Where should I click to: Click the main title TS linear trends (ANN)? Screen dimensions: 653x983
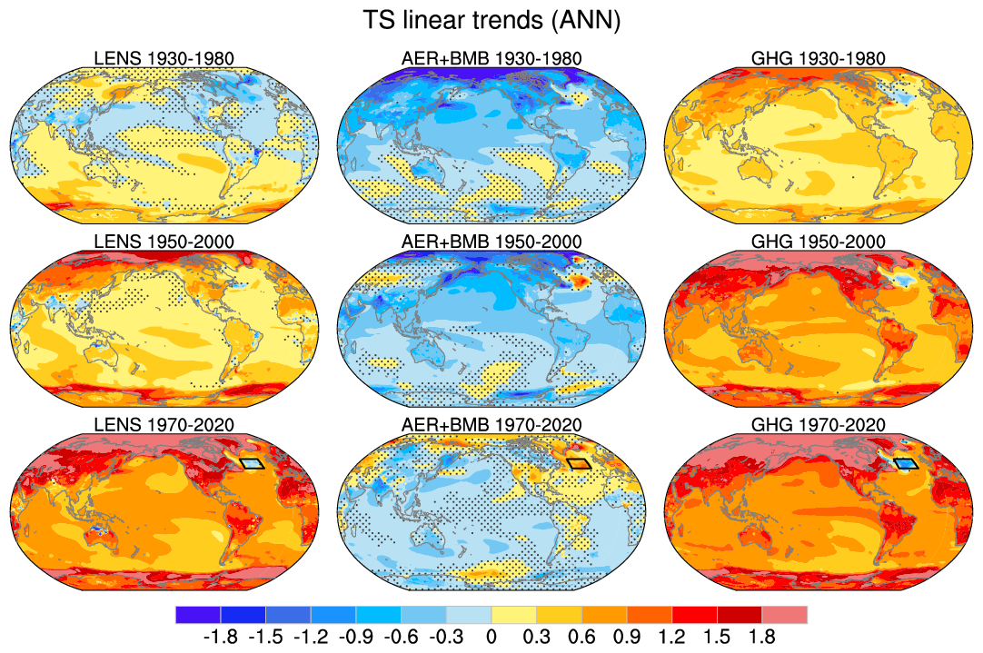(x=491, y=21)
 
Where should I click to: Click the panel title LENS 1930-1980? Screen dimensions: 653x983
(x=164, y=59)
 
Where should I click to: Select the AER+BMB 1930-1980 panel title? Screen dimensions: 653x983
(x=491, y=59)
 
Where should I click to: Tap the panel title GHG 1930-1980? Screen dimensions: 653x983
(x=819, y=59)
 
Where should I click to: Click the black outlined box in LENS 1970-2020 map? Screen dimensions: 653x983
(x=252, y=463)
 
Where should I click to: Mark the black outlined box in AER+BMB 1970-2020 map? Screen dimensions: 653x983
(x=579, y=463)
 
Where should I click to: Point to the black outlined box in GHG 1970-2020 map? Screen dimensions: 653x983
(x=906, y=463)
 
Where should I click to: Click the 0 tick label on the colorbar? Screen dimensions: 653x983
(x=491, y=637)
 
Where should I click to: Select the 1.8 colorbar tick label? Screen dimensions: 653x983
(x=761, y=637)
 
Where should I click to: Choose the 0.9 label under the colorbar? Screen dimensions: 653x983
(x=626, y=637)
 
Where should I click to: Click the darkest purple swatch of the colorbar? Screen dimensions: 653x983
(x=197, y=615)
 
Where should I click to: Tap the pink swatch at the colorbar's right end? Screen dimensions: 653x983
(x=784, y=615)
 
